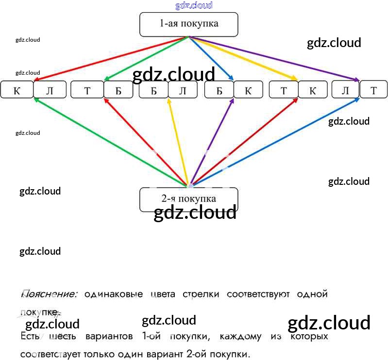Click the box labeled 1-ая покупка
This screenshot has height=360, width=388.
(x=188, y=24)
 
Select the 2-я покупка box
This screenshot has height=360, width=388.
(x=188, y=198)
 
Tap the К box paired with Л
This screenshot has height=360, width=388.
(x=17, y=90)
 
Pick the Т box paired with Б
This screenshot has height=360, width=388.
(x=87, y=90)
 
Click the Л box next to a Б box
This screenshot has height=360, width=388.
(x=183, y=90)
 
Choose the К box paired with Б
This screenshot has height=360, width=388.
(x=248, y=90)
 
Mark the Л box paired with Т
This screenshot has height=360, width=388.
(x=345, y=90)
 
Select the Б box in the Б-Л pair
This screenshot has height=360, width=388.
(x=153, y=90)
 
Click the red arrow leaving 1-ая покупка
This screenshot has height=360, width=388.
(x=112, y=58)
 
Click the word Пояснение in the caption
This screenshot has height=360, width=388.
(x=49, y=294)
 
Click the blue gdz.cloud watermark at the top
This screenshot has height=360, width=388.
(x=194, y=5)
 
